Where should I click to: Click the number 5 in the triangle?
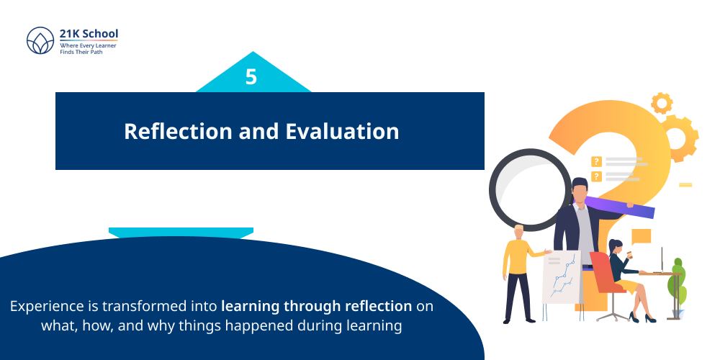[x=251, y=77]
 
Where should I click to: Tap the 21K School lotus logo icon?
[x=40, y=40]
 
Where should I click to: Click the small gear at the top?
[x=661, y=103]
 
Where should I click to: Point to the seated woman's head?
[x=616, y=247]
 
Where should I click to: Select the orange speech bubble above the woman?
[x=640, y=235]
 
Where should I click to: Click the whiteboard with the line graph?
[x=562, y=277]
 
